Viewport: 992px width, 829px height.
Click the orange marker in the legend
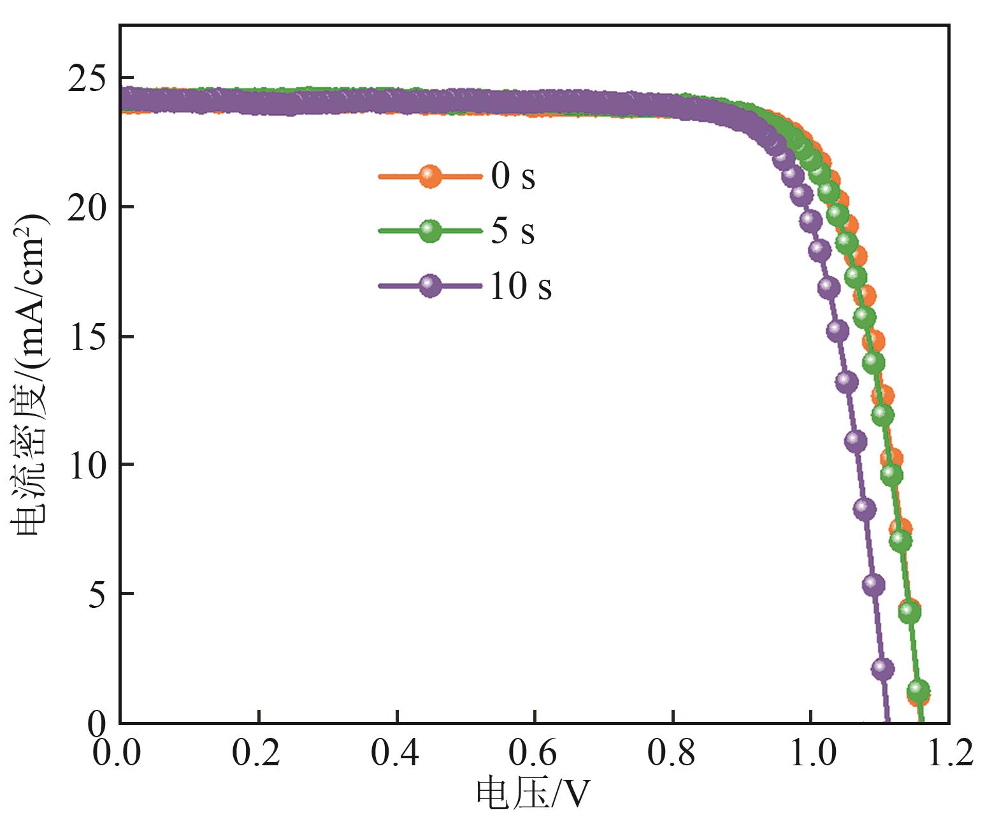430,177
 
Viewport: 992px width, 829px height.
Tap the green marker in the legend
430,231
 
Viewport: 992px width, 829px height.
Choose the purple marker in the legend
430,285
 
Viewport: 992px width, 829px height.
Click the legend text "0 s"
513,177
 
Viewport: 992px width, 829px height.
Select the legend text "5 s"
513,231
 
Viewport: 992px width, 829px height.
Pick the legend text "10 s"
520,285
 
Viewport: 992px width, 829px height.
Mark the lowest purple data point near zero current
882,668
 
